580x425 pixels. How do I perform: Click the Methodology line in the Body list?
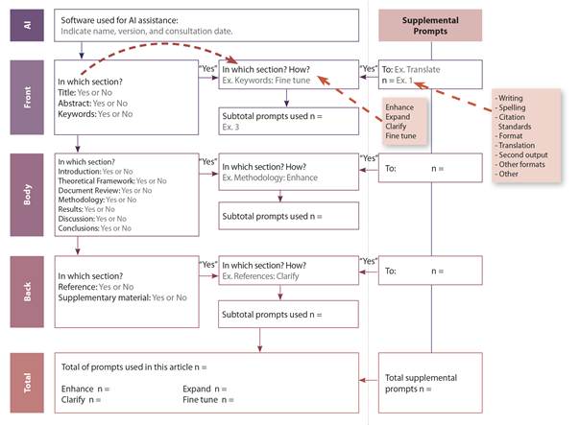(x=84, y=200)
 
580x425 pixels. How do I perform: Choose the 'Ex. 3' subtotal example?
(x=231, y=128)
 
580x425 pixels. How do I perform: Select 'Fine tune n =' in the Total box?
(x=207, y=398)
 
